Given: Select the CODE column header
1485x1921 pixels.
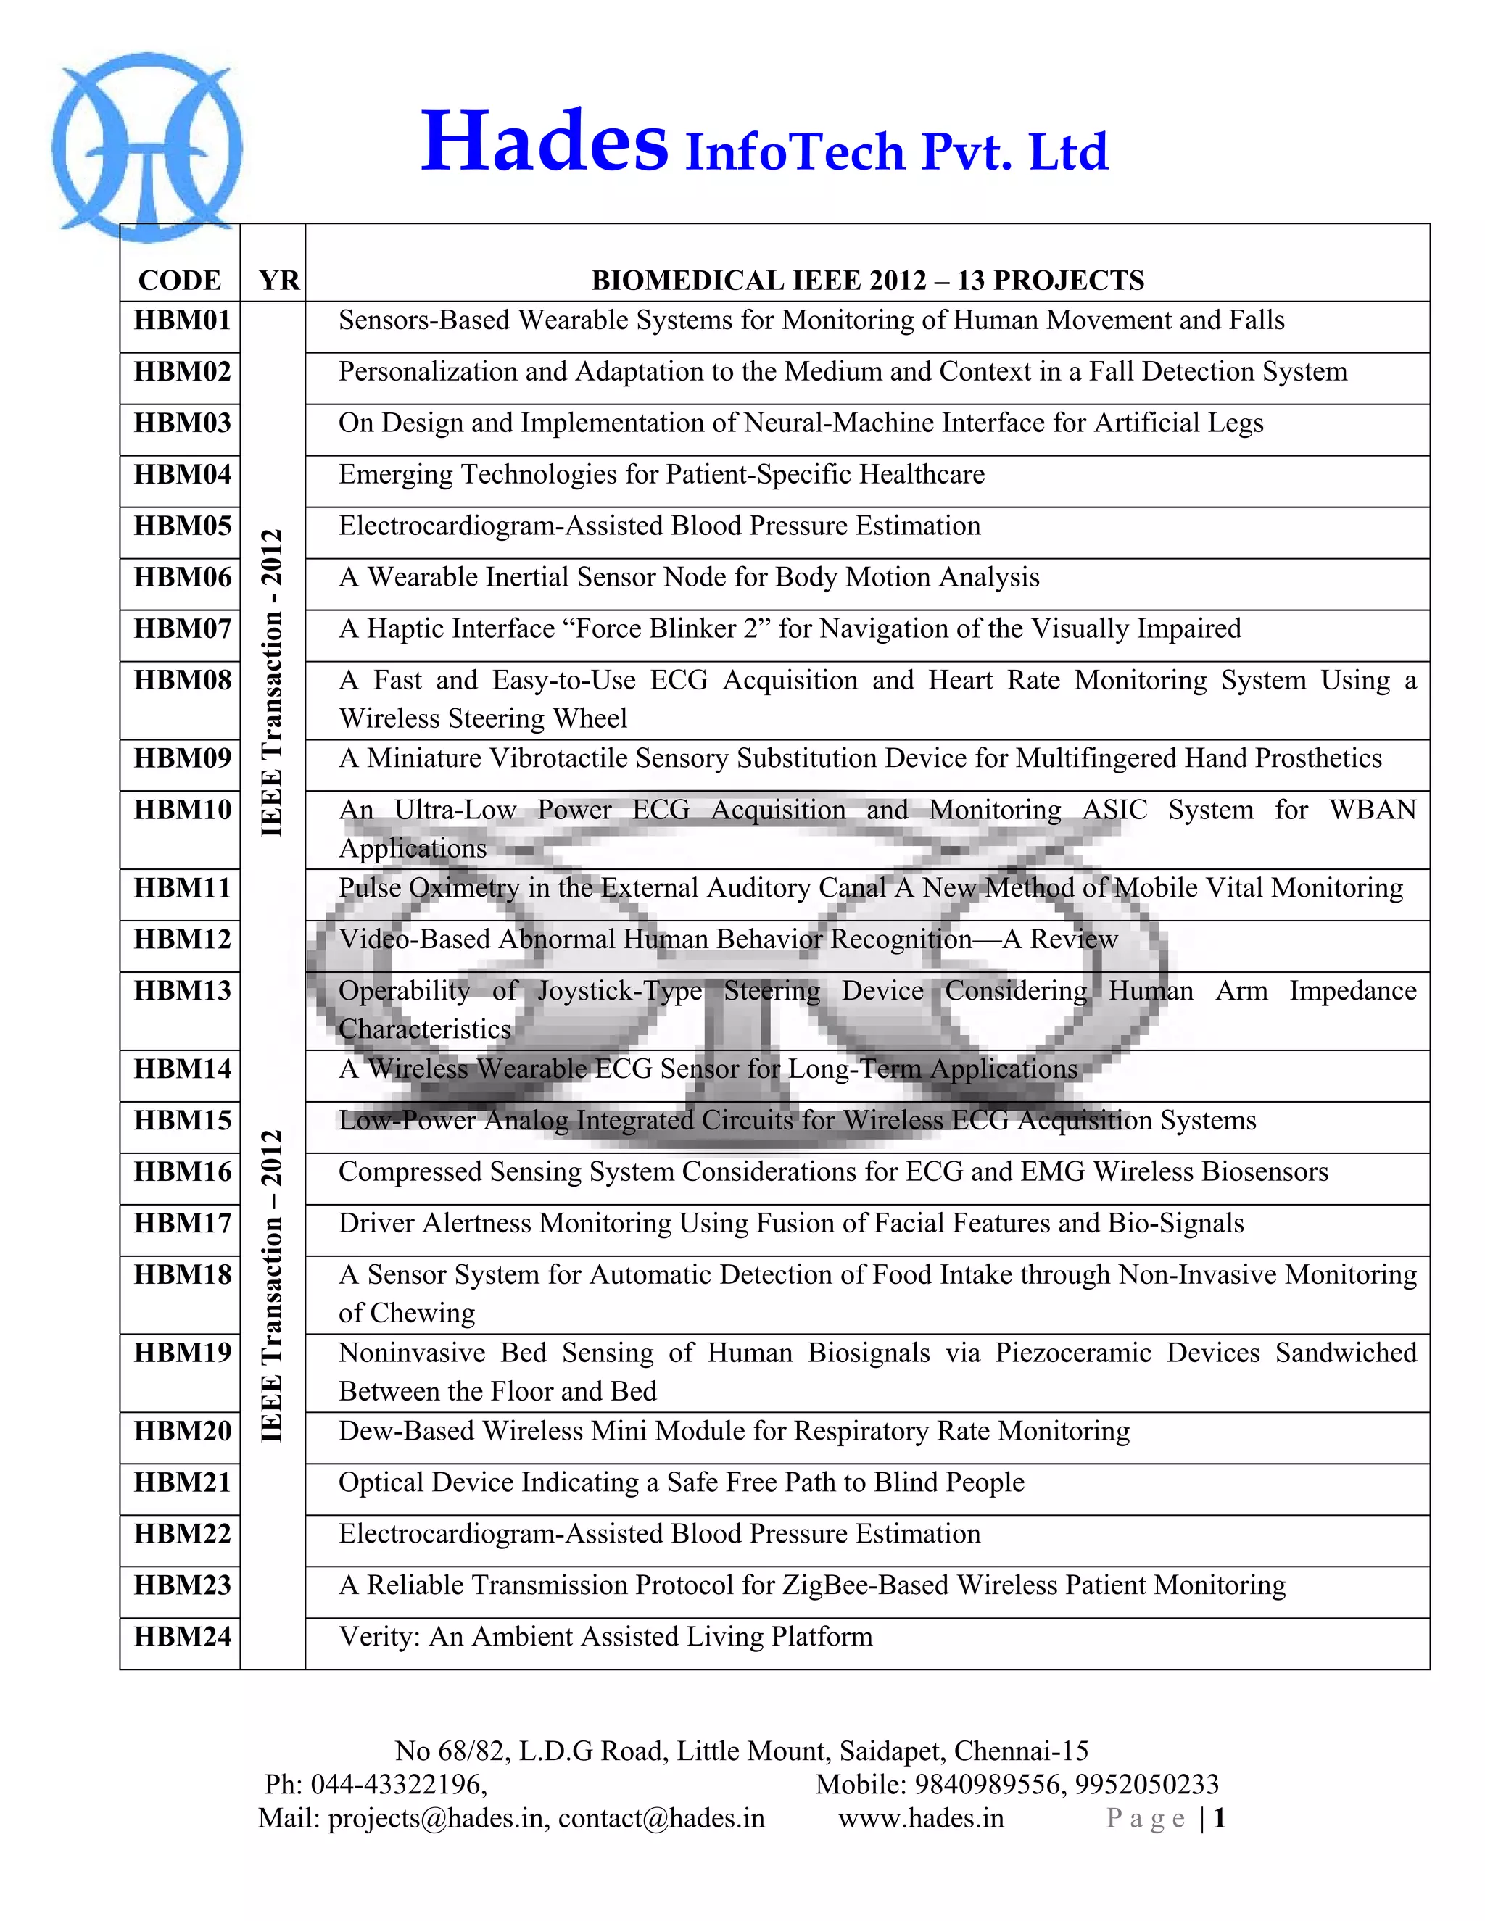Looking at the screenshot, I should coord(180,281).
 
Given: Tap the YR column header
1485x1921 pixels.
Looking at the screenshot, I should coord(279,281).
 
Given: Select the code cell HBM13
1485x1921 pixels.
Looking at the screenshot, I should coord(182,990).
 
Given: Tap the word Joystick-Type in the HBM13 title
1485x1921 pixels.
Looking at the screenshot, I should coord(619,990).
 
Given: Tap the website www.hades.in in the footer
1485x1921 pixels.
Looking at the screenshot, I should coord(920,1818).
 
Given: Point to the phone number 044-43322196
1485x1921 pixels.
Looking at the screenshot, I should coord(397,1784).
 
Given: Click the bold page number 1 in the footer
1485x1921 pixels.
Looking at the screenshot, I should coord(1220,1818).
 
